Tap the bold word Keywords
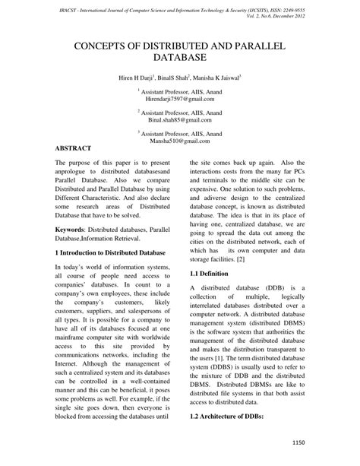coord(73,227)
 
